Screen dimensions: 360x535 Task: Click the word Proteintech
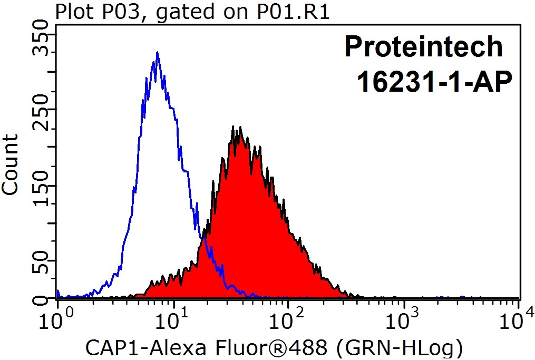[x=423, y=47]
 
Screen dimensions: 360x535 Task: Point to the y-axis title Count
[x=11, y=164]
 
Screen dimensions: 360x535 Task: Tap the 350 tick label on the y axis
[x=41, y=42]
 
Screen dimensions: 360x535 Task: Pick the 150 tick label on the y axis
[x=41, y=192]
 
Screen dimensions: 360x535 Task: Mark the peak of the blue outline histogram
[x=157, y=53]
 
